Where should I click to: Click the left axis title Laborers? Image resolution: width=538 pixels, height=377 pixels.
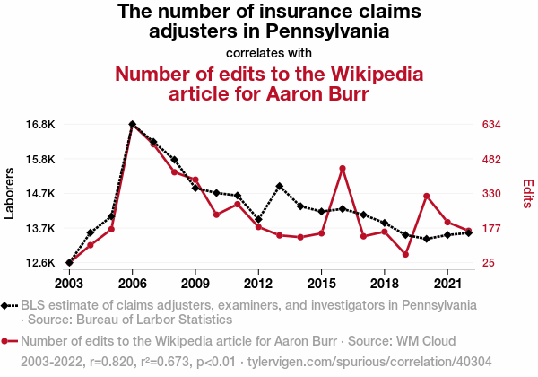[x=10, y=193]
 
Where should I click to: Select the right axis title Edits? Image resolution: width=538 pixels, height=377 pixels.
[x=528, y=193]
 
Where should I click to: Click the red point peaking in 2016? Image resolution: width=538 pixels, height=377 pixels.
[x=342, y=168]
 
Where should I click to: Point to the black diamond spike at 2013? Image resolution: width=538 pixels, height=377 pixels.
[x=280, y=186]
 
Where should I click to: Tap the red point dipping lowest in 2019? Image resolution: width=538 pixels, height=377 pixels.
[x=405, y=255]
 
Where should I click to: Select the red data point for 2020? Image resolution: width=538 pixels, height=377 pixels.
[x=426, y=197]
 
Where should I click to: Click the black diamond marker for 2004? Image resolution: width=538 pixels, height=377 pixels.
[x=91, y=233]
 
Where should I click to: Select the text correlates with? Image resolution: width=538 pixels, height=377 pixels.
[x=269, y=52]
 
